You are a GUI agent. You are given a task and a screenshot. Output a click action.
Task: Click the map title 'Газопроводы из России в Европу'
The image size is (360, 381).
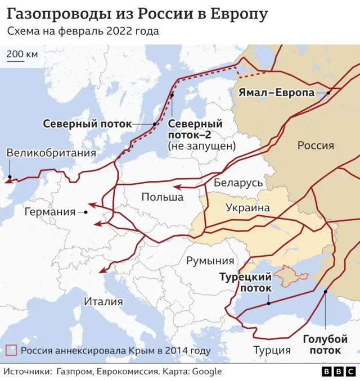pos(137,13)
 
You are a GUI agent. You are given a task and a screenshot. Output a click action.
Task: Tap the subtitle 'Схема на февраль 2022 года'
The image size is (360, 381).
pos(83,31)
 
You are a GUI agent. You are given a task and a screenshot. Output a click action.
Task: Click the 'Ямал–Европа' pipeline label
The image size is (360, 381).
pos(276,93)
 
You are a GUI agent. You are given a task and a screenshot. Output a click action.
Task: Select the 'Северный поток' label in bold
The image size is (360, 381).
pos(87,124)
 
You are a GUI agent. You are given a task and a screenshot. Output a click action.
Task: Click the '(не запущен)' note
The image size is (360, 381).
pos(201,146)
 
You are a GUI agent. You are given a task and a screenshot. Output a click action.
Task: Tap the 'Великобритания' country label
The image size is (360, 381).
pos(51,153)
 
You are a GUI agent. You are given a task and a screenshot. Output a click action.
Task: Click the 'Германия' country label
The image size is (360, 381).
pos(49,212)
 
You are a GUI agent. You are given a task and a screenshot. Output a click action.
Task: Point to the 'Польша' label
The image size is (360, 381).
pos(162,197)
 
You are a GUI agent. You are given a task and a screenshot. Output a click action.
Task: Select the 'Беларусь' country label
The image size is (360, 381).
pos(238,183)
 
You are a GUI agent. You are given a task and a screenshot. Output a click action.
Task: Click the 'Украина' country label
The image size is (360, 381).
pos(247,208)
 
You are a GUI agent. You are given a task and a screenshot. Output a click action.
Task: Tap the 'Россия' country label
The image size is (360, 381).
pos(316,146)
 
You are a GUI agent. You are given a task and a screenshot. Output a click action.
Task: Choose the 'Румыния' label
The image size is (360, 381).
pos(210,261)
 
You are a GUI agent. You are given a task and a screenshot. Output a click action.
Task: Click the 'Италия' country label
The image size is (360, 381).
pos(103,301)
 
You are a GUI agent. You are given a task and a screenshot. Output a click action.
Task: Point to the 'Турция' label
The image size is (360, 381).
pos(272,350)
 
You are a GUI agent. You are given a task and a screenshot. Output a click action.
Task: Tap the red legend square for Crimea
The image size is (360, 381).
pos(11,351)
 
